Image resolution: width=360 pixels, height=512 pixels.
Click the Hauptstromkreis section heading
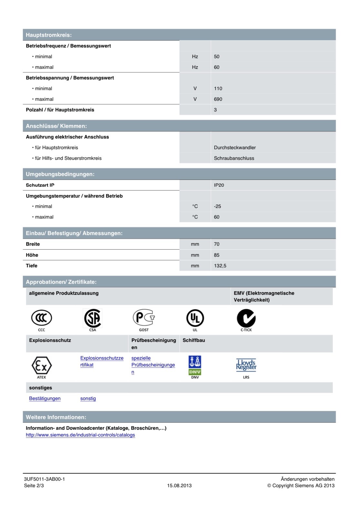click(49, 35)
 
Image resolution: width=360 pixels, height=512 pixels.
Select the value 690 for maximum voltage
click(218, 99)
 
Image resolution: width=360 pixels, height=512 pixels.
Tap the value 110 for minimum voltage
click(218, 88)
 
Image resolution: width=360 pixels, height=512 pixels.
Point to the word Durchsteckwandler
click(235, 148)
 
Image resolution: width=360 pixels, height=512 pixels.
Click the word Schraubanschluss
click(234, 158)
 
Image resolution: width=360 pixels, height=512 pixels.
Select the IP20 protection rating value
click(219, 185)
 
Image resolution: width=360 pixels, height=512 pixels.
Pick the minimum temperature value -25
click(217, 206)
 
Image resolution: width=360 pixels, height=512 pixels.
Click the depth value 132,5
click(220, 266)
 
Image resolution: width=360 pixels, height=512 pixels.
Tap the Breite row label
click(33, 244)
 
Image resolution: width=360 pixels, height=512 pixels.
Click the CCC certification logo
click(41, 318)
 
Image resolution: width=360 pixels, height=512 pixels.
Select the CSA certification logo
click(93, 318)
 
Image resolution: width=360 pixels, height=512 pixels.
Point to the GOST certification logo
click(144, 318)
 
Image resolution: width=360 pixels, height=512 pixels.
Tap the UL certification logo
click(195, 318)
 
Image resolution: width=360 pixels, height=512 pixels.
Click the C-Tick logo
click(246, 318)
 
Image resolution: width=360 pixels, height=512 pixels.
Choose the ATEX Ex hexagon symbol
click(41, 366)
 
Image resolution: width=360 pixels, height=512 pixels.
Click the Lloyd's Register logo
click(246, 365)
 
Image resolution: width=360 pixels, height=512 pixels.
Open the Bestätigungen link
click(45, 398)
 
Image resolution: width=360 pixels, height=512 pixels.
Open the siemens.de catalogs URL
click(80, 435)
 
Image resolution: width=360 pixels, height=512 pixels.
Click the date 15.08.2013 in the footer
click(179, 486)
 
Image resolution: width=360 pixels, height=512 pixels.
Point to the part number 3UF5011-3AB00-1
click(44, 479)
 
